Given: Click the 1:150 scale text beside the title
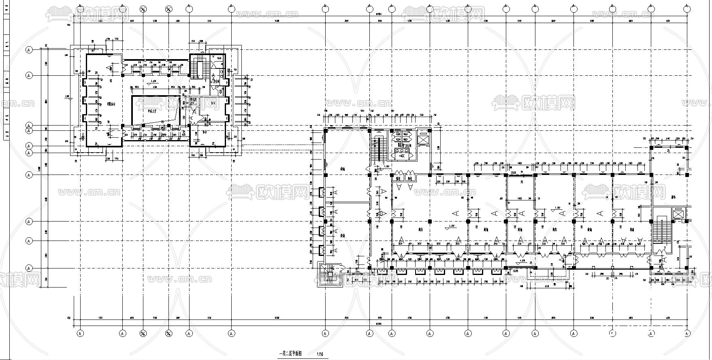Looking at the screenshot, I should (x=320, y=354).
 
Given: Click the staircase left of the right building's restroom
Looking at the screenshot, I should (x=380, y=149).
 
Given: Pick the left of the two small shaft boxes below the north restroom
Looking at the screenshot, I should (x=399, y=178).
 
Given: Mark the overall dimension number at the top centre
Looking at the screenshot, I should (x=379, y=15).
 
